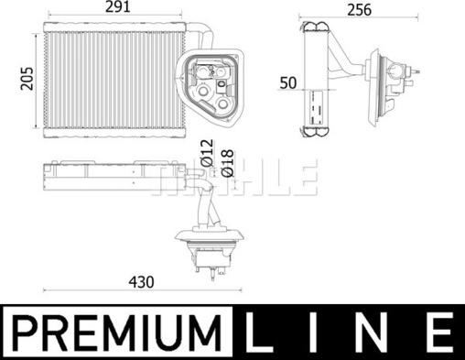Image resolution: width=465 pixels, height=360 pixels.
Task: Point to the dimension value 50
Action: [x=287, y=83]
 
